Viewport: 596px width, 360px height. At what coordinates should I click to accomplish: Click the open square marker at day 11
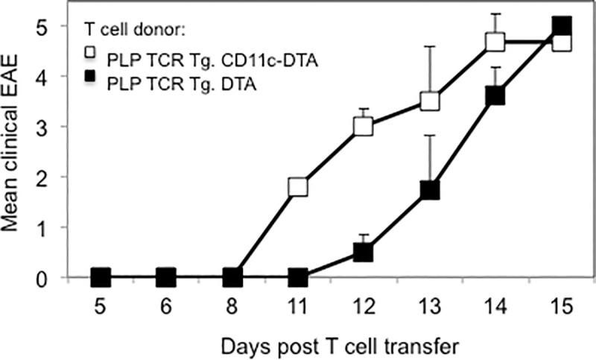pos(298,186)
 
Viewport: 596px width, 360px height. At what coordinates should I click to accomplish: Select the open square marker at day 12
pos(364,126)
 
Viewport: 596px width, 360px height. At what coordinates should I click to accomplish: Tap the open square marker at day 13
pos(429,101)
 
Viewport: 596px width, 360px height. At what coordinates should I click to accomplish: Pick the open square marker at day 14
pos(495,42)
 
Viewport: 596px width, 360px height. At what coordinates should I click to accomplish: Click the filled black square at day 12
pos(364,252)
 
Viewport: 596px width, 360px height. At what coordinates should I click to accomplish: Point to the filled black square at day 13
pos(429,191)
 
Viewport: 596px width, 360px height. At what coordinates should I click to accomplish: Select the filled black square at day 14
pos(495,95)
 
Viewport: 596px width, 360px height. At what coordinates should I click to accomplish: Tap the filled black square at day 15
pos(561,26)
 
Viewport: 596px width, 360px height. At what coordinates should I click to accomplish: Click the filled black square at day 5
pos(101,278)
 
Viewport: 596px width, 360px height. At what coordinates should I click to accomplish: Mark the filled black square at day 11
pos(298,278)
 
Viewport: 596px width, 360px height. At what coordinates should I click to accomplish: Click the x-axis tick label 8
pos(232,306)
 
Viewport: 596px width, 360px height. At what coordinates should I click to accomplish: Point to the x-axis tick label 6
pos(166,306)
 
